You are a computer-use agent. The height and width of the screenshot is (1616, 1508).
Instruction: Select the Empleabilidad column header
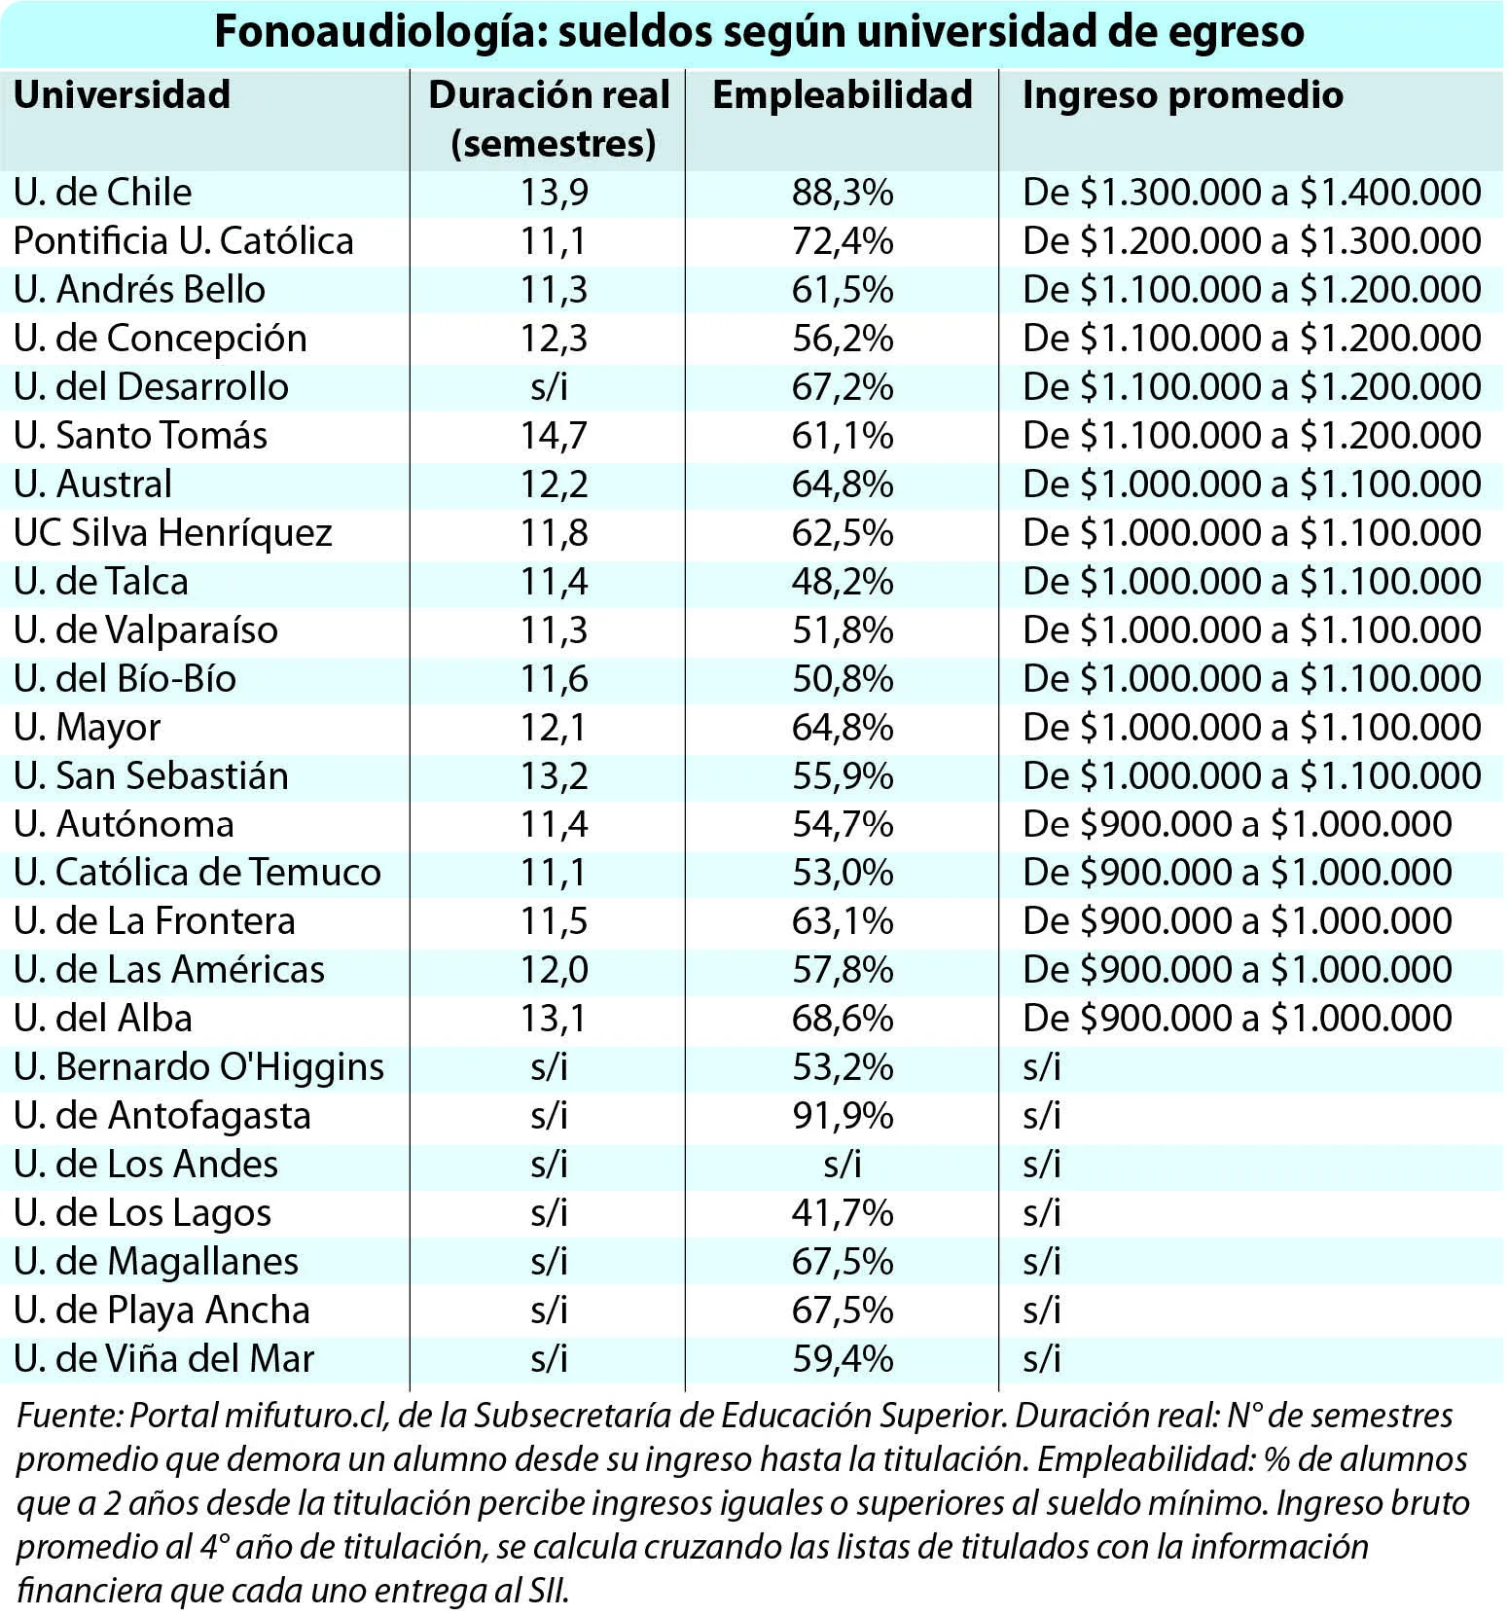pyautogui.click(x=843, y=95)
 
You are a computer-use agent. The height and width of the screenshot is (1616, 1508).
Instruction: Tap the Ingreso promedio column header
pyautogui.click(x=1183, y=95)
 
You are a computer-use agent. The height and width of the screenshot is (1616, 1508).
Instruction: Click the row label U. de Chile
pyautogui.click(x=103, y=192)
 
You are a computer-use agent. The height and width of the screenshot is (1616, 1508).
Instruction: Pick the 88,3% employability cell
pyautogui.click(x=843, y=193)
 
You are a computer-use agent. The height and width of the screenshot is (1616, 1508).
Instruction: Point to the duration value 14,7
pyautogui.click(x=554, y=436)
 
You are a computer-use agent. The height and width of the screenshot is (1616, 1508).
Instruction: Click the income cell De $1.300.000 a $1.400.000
pyautogui.click(x=1252, y=193)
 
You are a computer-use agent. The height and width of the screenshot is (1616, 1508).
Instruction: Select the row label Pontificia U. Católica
pyautogui.click(x=184, y=241)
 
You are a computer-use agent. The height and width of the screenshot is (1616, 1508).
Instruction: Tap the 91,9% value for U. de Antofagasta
pyautogui.click(x=843, y=1116)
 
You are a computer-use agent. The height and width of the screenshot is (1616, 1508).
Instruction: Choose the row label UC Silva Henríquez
pyautogui.click(x=173, y=533)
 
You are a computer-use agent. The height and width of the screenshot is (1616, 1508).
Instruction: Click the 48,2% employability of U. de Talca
pyautogui.click(x=843, y=582)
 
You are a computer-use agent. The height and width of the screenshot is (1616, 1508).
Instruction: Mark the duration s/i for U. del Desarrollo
pyautogui.click(x=550, y=387)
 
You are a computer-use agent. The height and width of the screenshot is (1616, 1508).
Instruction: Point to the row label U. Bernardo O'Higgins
pyautogui.click(x=199, y=1067)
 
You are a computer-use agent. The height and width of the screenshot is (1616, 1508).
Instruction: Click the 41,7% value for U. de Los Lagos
pyautogui.click(x=843, y=1213)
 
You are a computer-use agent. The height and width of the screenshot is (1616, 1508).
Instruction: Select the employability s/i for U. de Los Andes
pyautogui.click(x=843, y=1165)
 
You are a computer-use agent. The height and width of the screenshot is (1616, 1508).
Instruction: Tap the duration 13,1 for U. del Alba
pyautogui.click(x=554, y=1019)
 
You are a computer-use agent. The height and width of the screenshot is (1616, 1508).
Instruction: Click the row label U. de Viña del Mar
pyautogui.click(x=164, y=1358)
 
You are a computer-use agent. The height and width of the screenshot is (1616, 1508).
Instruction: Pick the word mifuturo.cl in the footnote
pyautogui.click(x=307, y=1416)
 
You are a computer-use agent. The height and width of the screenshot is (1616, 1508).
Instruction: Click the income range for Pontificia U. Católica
pyautogui.click(x=1252, y=241)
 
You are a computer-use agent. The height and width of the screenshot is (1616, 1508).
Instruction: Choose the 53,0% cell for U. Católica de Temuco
pyautogui.click(x=843, y=873)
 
